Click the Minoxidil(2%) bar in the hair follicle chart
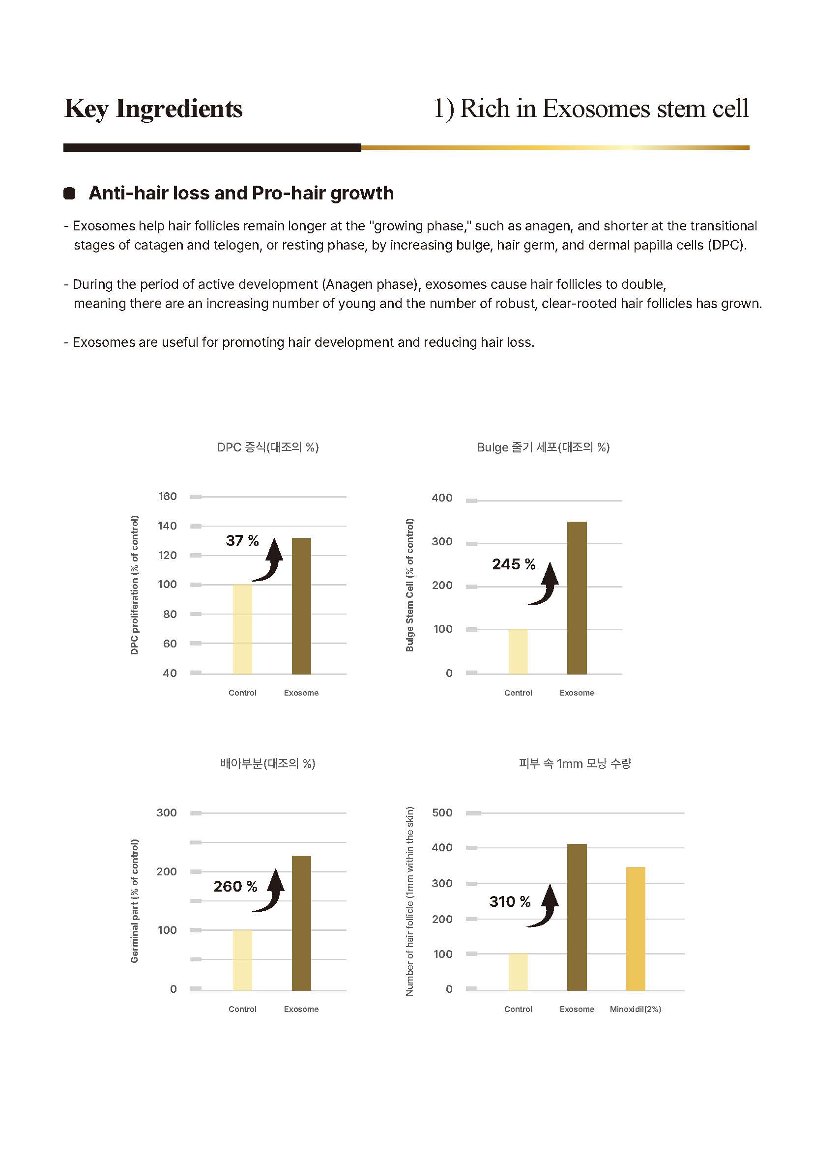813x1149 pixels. coord(635,929)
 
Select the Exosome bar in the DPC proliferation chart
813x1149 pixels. coord(301,606)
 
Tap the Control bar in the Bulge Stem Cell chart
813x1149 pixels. coord(518,651)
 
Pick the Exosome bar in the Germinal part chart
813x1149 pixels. coord(301,924)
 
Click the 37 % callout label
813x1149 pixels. coord(242,540)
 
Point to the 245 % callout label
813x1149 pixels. coord(514,564)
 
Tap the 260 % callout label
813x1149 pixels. coord(235,886)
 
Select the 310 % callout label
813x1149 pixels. coord(510,901)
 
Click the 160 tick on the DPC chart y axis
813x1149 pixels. coord(167,496)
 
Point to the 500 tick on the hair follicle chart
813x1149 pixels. coord(442,812)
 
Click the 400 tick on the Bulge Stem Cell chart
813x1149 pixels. coord(442,498)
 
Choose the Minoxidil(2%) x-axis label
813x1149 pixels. coord(635,1009)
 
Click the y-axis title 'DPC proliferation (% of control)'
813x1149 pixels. coord(134,585)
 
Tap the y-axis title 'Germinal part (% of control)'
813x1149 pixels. coord(134,901)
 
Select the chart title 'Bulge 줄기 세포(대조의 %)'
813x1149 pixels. coord(543,447)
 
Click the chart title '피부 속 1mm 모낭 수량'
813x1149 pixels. coord(575,763)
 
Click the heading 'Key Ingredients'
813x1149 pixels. coord(153,109)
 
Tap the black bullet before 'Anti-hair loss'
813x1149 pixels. coord(70,193)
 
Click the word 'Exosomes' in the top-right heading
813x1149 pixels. coord(596,108)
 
